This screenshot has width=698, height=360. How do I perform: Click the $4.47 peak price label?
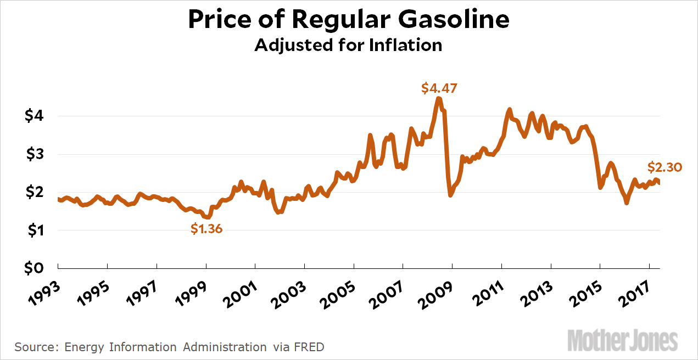439,88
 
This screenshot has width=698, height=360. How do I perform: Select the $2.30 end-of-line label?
665,167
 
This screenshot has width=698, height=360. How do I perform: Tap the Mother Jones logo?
622,340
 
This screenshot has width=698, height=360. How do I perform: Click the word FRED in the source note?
309,347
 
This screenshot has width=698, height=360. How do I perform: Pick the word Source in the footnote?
36,347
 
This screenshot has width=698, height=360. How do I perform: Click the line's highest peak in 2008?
438,99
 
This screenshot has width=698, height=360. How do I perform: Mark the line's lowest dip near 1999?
208,217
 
